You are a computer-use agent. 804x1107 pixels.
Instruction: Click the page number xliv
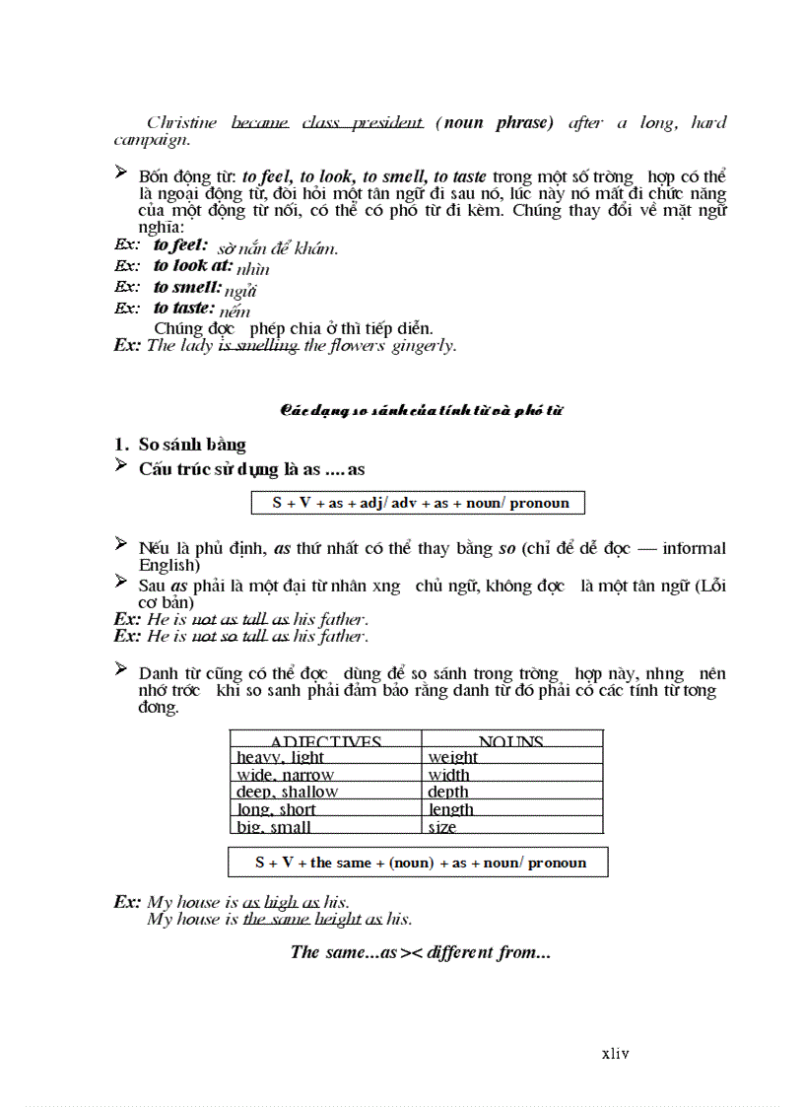615,1054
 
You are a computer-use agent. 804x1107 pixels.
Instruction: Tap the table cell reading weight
453,757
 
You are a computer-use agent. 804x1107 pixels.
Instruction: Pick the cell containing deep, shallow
287,792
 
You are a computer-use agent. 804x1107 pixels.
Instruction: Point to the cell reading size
442,827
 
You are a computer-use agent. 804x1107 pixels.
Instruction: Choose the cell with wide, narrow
285,775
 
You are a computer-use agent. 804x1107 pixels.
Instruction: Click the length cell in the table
451,809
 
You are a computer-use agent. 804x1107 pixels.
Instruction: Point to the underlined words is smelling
258,346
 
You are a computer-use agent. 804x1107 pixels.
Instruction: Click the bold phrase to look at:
193,265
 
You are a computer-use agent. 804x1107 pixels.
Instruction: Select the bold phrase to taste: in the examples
184,308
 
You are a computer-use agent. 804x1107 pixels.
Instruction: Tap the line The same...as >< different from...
420,952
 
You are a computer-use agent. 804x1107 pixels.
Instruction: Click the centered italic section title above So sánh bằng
421,410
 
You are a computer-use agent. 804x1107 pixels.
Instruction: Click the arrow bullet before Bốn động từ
121,173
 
